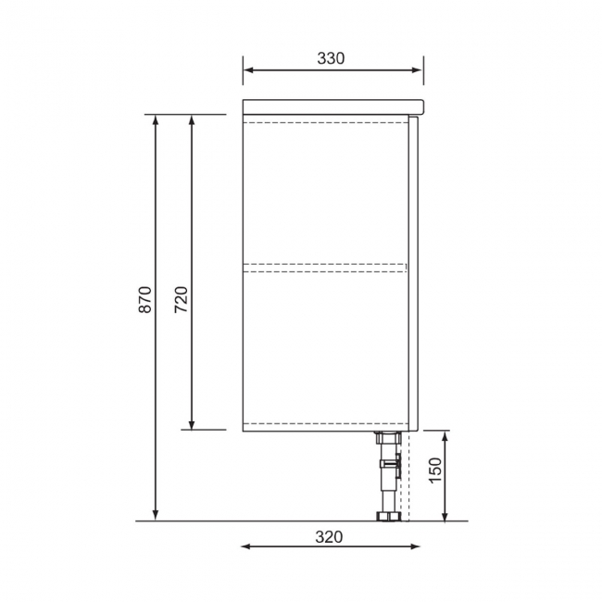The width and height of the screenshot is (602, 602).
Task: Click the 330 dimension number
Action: [331, 58]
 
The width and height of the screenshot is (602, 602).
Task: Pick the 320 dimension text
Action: [330, 536]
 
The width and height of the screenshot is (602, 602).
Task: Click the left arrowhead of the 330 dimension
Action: [248, 69]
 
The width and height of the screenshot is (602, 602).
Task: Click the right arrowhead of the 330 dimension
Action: [418, 69]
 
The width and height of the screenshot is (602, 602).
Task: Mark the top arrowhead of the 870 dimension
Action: [156, 120]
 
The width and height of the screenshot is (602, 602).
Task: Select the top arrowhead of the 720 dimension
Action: [192, 120]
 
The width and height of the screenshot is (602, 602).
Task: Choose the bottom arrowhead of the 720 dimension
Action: [192, 424]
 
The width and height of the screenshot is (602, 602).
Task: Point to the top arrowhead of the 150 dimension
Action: [445, 436]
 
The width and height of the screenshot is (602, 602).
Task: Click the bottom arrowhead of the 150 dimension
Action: [445, 515]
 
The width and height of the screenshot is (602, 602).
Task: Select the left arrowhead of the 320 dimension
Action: [246, 546]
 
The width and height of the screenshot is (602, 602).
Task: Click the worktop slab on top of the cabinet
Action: [332, 106]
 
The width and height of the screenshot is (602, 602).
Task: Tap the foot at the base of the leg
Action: [386, 515]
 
